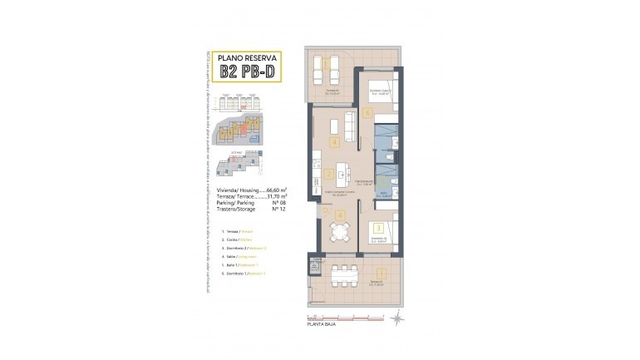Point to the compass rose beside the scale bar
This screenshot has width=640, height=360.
[x=397, y=316]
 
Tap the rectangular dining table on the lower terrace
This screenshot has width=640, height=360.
[x=343, y=275]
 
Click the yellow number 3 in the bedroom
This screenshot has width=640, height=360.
[x=378, y=227]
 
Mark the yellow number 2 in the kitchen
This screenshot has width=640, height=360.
[x=330, y=175]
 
